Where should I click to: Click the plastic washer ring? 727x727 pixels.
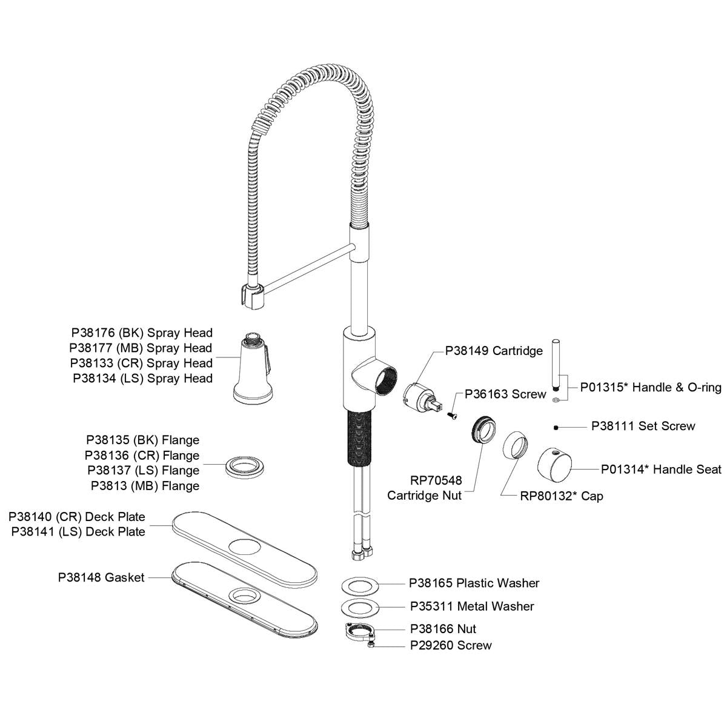pos(360,585)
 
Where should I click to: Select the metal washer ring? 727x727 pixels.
pos(360,607)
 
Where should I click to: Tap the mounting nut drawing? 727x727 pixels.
pos(360,632)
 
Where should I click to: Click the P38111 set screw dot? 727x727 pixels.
pos(556,427)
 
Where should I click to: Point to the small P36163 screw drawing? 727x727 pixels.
pos(453,414)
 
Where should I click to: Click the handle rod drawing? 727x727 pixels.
pos(556,367)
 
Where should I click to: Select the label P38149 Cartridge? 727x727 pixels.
pos(494,351)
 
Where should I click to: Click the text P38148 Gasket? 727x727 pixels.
pos(101,577)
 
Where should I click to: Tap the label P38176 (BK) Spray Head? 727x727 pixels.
pos(142,333)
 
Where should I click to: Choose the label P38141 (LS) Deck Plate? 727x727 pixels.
pos(78,532)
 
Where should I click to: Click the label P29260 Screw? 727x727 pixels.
pos(451,645)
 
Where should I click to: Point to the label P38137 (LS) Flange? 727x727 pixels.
pos(143,470)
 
